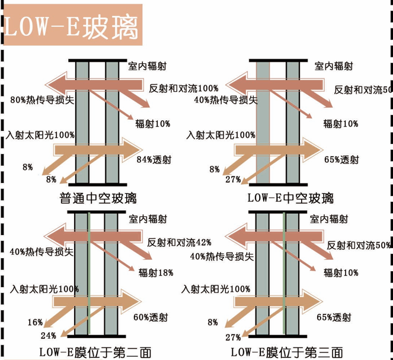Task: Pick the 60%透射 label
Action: click(x=149, y=318)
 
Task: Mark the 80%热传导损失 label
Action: click(x=41, y=99)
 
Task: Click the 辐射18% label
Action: click(x=155, y=272)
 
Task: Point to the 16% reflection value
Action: click(x=35, y=322)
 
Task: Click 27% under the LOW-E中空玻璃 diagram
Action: click(x=232, y=179)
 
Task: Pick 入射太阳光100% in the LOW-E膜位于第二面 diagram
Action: click(x=44, y=289)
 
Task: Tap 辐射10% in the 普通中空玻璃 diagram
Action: click(x=153, y=123)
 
